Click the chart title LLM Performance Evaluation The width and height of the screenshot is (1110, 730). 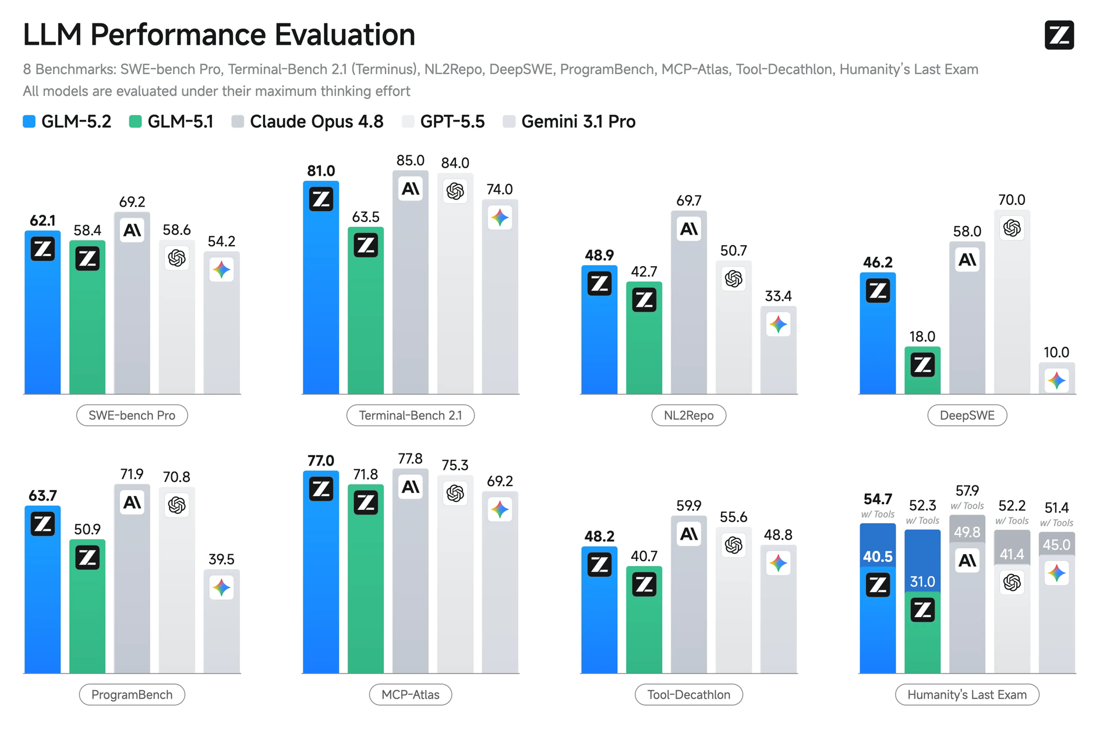pyautogui.click(x=219, y=34)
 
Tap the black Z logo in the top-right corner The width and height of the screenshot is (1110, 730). pyautogui.click(x=1059, y=35)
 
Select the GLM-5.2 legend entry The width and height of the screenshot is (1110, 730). pyautogui.click(x=67, y=121)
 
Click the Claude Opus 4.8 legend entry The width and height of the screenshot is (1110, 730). pyautogui.click(x=307, y=121)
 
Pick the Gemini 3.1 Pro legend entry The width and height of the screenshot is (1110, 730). pyautogui.click(x=569, y=121)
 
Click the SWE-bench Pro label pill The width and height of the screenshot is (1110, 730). pyautogui.click(x=132, y=415)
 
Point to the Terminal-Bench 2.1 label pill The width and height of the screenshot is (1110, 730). pyautogui.click(x=411, y=415)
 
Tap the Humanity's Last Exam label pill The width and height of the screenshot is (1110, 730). pyautogui.click(x=967, y=694)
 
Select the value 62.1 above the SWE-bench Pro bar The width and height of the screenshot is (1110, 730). pyautogui.click(x=43, y=221)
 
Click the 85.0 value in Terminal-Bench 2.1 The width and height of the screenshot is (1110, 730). pyautogui.click(x=411, y=160)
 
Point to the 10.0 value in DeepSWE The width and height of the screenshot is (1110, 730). pyautogui.click(x=1056, y=352)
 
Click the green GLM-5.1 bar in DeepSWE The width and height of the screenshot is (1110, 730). pyautogui.click(x=922, y=370)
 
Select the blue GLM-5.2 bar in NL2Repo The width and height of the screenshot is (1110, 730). pyautogui.click(x=599, y=330)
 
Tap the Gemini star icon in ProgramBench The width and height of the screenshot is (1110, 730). pyautogui.click(x=221, y=587)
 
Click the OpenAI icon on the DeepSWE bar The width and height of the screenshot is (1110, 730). pyautogui.click(x=1012, y=228)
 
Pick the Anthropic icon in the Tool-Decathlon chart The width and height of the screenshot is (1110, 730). pyautogui.click(x=689, y=534)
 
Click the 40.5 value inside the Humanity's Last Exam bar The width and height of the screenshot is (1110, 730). pyautogui.click(x=878, y=557)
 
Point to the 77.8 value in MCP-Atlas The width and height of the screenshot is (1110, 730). pyautogui.click(x=411, y=459)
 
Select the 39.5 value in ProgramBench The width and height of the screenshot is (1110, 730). pyautogui.click(x=221, y=559)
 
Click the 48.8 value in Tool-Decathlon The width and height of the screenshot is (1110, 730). pyautogui.click(x=778, y=534)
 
